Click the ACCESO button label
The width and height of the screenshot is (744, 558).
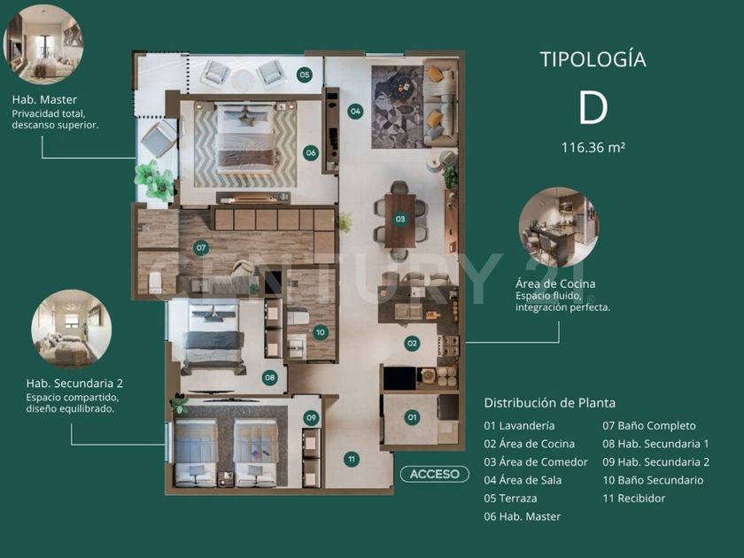(x=435, y=474)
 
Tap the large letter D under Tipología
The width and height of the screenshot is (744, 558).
(x=593, y=108)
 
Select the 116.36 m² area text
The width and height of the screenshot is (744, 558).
(x=593, y=148)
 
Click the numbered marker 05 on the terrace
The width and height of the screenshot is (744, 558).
(x=304, y=74)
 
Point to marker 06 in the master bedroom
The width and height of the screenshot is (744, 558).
(x=311, y=152)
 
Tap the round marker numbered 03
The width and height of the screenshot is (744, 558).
(x=400, y=220)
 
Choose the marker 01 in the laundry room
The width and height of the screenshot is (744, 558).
(x=412, y=417)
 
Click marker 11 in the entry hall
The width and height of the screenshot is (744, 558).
(x=351, y=459)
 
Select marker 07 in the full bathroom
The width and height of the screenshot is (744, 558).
(x=201, y=247)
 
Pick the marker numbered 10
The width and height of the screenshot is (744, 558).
(x=321, y=332)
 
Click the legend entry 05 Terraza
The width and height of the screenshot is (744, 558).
(x=510, y=498)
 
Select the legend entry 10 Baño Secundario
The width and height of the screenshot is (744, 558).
(x=653, y=480)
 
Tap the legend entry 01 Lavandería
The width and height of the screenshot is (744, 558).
(x=519, y=426)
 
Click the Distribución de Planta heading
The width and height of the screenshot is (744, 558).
(x=549, y=403)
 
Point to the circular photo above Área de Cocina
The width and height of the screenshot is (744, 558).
(x=559, y=228)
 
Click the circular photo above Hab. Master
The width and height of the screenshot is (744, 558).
(x=43, y=44)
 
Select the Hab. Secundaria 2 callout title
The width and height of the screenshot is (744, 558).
(x=74, y=383)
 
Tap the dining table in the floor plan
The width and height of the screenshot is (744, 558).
(x=400, y=221)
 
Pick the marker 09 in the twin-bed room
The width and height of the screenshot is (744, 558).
(x=311, y=417)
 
